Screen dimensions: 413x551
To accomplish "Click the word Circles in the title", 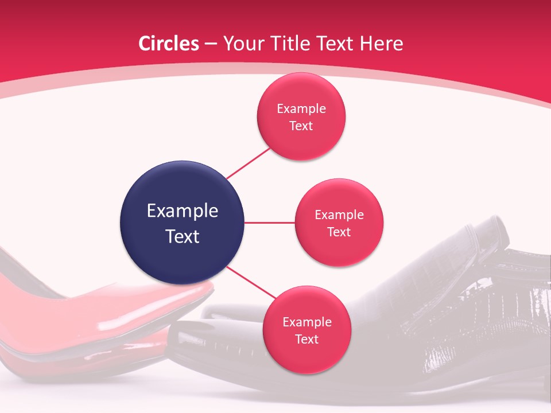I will (169, 44).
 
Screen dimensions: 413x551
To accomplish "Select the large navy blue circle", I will (182, 223).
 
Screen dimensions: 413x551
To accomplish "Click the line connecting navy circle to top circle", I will (248, 163).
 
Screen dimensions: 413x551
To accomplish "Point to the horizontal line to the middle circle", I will (269, 223).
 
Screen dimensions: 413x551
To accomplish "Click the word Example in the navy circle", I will (182, 211).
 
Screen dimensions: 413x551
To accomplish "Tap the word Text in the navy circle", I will (182, 236).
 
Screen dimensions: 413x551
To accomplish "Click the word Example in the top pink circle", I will (301, 108).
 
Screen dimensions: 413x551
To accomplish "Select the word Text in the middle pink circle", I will (339, 232).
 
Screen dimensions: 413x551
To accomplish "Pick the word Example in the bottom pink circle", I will (306, 322).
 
